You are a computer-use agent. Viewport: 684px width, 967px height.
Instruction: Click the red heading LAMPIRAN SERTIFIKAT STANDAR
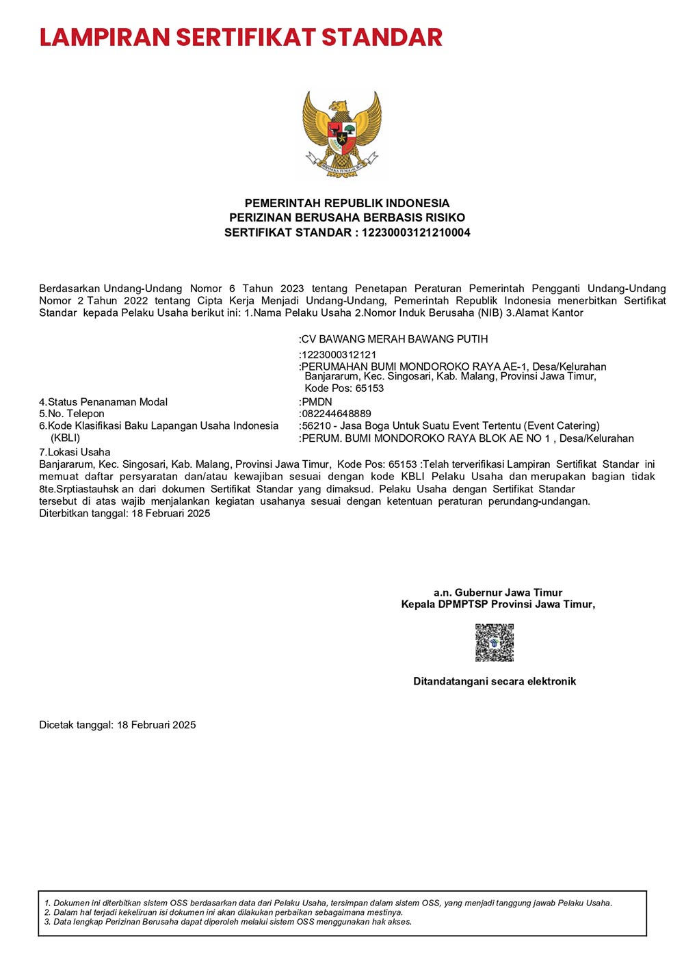pos(241,37)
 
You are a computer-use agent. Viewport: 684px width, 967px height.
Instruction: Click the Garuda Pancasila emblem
pos(342,135)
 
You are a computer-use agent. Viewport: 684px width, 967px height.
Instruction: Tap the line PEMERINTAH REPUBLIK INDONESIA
pos(347,203)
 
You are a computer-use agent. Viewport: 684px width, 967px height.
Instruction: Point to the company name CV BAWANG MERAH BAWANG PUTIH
pos(395,339)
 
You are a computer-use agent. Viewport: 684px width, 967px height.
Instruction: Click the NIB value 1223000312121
pos(339,355)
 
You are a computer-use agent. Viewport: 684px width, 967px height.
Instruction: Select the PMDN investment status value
pos(317,402)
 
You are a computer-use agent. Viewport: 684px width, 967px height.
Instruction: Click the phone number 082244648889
pos(336,414)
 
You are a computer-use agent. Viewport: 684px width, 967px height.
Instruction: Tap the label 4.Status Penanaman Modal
pos(103,402)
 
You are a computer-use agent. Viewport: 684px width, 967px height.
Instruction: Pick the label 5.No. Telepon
pos(72,414)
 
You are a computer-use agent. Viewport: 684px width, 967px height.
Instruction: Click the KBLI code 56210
pos(317,426)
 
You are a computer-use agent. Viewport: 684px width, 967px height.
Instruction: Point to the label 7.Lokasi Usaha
pos(75,452)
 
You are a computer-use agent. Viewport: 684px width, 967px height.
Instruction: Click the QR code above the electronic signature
pos(495,642)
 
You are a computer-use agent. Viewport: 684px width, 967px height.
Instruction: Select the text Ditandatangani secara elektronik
pos(495,681)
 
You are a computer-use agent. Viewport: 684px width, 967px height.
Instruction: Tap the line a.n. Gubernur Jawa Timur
pos(498,593)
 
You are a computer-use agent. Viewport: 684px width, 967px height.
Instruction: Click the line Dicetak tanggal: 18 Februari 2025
pos(118,725)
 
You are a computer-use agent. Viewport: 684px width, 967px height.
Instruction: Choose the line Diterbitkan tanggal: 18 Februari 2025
pos(124,514)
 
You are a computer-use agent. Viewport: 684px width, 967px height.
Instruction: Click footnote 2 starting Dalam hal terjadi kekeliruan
pos(224,912)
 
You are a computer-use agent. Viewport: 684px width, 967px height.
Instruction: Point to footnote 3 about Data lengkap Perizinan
pos(228,922)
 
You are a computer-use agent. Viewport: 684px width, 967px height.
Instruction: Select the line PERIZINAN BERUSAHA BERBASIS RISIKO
pos(347,217)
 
